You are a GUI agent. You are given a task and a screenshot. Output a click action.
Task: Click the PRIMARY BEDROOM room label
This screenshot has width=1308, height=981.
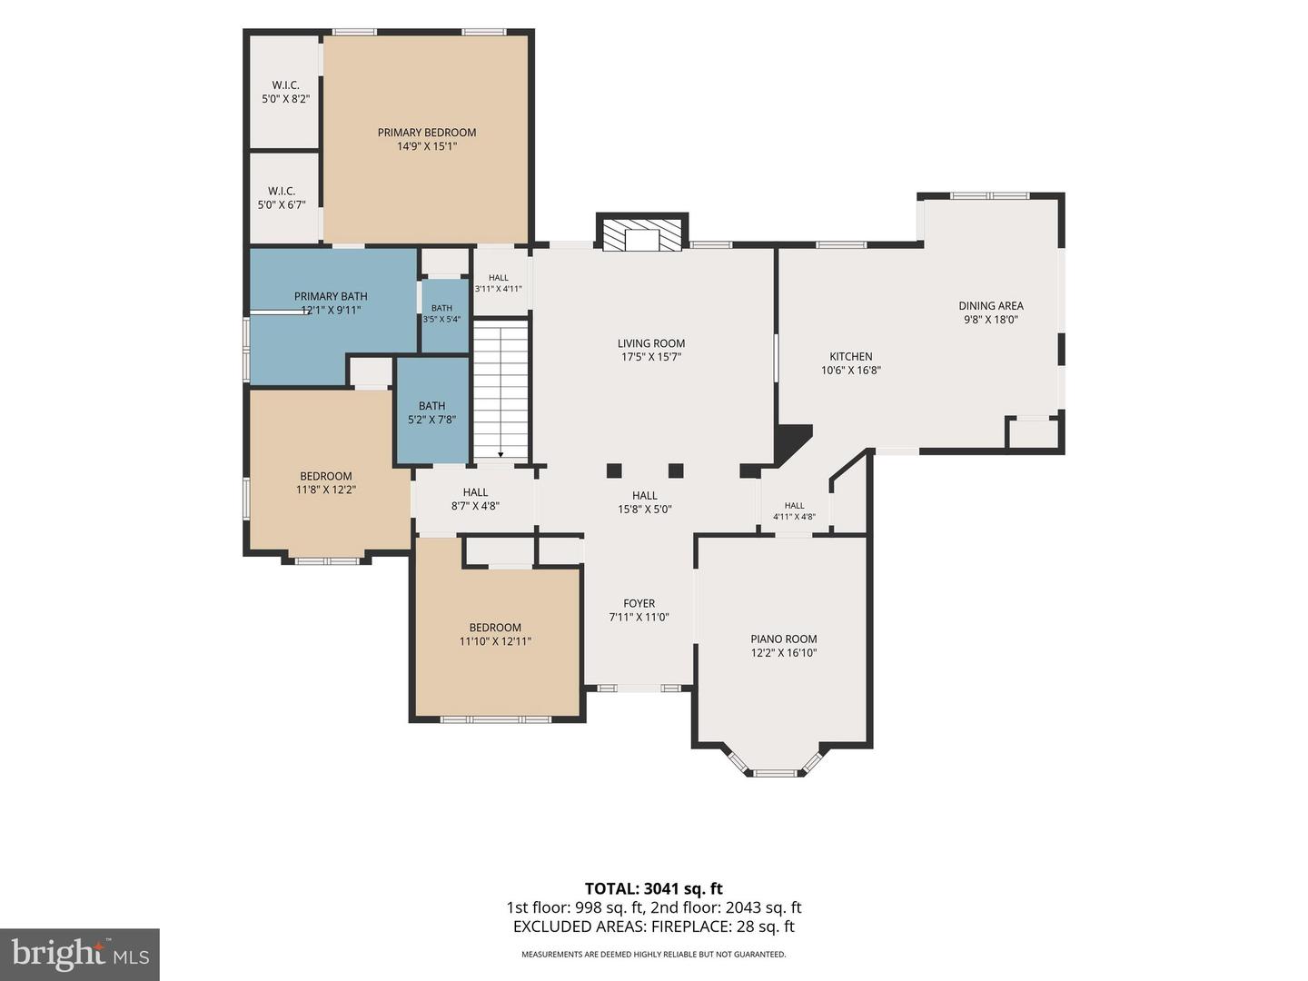[x=427, y=133]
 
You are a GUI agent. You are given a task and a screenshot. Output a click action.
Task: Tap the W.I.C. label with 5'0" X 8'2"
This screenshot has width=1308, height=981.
[x=286, y=92]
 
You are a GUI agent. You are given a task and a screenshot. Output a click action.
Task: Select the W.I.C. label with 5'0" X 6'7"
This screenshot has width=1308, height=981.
[x=282, y=198]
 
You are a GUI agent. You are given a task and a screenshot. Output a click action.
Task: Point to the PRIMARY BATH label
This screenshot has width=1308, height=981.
[x=331, y=296]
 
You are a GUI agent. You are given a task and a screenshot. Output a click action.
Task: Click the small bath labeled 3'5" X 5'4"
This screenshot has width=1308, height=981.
[x=441, y=313]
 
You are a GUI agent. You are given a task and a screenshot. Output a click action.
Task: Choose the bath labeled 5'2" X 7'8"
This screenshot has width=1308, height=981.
[x=432, y=412]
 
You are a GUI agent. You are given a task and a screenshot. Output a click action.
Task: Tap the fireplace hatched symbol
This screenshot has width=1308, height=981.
[x=642, y=236]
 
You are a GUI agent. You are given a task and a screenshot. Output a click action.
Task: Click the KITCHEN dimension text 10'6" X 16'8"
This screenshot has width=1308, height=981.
[x=851, y=370]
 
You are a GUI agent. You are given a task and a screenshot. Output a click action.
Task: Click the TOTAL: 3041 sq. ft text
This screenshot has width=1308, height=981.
[x=654, y=888]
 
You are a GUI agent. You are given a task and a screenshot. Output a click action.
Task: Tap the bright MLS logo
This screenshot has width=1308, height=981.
[x=80, y=955]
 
